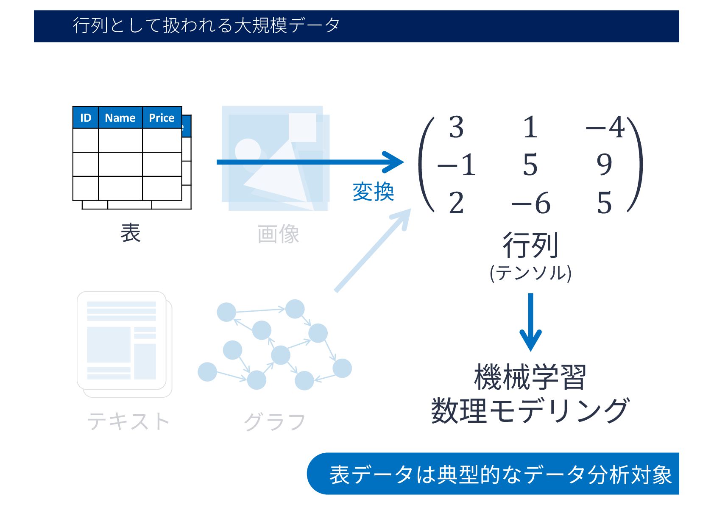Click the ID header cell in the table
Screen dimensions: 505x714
click(x=85, y=118)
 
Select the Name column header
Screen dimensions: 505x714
click(x=120, y=118)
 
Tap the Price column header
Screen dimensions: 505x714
click(x=162, y=118)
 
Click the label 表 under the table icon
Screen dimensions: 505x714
click(x=130, y=233)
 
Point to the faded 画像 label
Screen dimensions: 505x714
click(x=278, y=234)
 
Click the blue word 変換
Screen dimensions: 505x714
click(x=373, y=192)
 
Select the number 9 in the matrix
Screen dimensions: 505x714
click(x=604, y=165)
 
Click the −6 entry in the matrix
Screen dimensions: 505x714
click(x=531, y=203)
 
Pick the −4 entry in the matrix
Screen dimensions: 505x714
click(x=605, y=127)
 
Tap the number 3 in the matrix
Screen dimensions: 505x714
click(x=456, y=127)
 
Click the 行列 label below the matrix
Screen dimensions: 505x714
click(x=530, y=245)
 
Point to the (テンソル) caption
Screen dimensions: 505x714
click(x=530, y=273)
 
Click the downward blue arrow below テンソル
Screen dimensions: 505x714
click(x=530, y=322)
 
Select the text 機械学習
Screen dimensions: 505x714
click(x=530, y=377)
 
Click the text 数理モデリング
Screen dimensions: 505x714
click(x=530, y=411)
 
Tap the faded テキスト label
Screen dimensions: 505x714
click(x=128, y=421)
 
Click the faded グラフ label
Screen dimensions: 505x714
click(x=275, y=422)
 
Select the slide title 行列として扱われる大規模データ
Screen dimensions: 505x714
click(x=206, y=25)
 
